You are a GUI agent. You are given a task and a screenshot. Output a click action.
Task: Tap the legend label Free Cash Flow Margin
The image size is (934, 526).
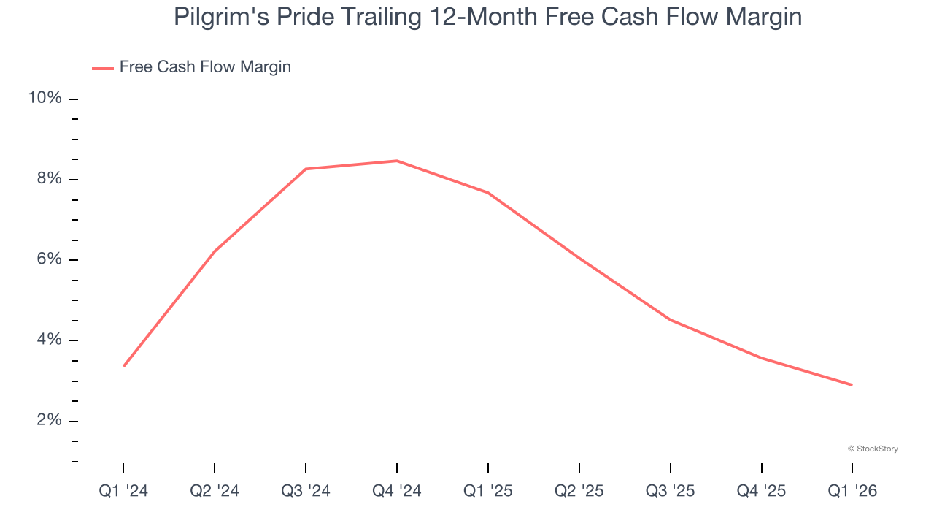[205, 67]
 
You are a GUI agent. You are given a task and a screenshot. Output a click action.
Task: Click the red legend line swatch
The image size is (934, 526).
[102, 68]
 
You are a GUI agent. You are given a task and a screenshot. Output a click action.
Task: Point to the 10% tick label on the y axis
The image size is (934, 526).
[45, 99]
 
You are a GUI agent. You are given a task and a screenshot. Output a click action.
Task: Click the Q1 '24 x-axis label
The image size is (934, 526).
[123, 491]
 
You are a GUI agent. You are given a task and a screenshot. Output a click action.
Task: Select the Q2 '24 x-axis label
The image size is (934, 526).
[215, 491]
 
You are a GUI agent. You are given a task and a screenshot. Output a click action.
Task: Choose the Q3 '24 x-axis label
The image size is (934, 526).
[306, 491]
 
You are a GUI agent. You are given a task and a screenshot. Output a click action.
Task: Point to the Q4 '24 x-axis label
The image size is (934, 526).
[397, 491]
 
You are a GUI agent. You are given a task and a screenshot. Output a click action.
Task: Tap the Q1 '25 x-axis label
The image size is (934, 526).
[488, 491]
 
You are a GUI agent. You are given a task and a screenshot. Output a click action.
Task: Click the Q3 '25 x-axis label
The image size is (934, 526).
[671, 491]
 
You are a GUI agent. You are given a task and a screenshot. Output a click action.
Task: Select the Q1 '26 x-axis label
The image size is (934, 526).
[852, 491]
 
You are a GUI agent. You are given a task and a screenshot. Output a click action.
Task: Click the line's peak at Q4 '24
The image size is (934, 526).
[397, 161]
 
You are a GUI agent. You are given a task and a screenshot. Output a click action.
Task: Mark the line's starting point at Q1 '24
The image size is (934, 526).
[124, 366]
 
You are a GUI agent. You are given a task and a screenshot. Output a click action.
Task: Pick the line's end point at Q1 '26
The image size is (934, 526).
[852, 385]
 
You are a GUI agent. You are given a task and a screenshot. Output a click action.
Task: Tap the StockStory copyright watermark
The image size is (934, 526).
[873, 449]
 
